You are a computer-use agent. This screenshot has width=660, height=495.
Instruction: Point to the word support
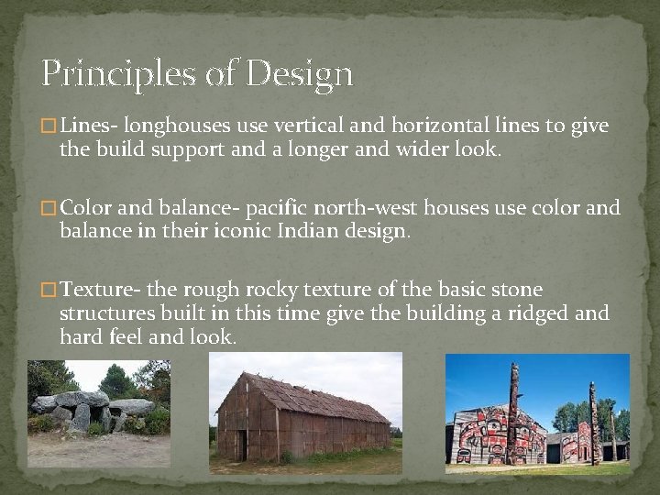point(189,149)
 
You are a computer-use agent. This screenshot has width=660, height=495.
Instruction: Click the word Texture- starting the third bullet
point(100,291)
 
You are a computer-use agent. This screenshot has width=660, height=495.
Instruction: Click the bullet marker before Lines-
point(49,126)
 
